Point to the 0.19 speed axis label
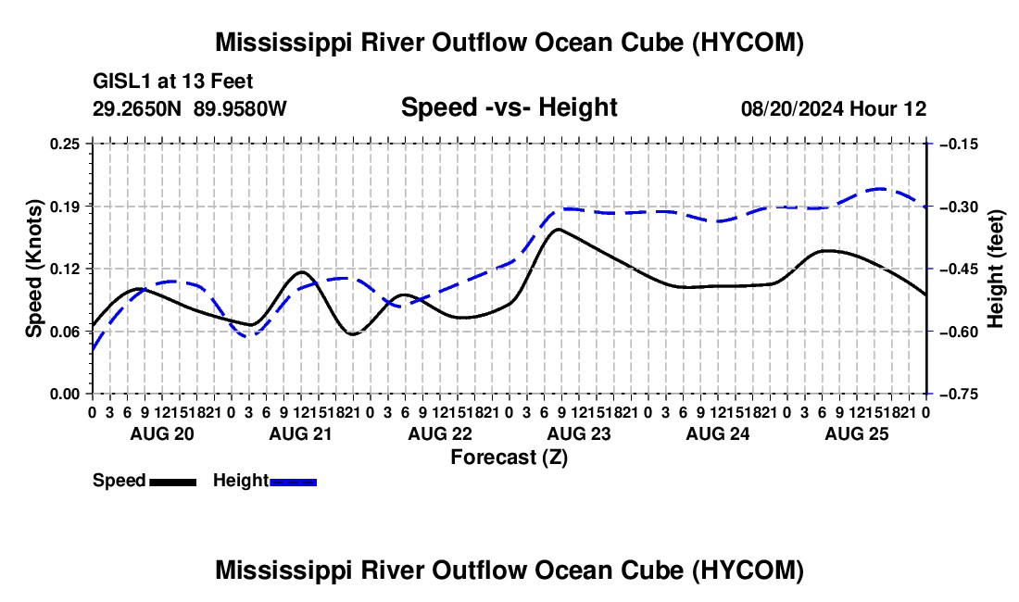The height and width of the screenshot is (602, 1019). (x=65, y=207)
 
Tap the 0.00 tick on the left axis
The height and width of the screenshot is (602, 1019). (x=65, y=394)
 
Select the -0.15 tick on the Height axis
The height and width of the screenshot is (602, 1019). (x=958, y=144)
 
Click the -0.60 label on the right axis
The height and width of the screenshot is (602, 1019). (x=958, y=332)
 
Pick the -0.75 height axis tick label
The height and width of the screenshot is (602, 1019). (x=958, y=394)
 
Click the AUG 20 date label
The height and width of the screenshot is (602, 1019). (x=162, y=433)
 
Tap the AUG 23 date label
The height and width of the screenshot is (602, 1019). (x=579, y=433)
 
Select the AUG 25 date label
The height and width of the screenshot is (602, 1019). (x=857, y=433)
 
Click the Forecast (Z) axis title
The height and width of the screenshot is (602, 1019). (x=509, y=458)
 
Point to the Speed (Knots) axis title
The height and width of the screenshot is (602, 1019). (x=33, y=269)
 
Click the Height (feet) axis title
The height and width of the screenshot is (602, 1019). (x=996, y=269)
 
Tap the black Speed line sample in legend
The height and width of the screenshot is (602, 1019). (x=173, y=482)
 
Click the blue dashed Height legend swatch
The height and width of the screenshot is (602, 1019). (x=293, y=482)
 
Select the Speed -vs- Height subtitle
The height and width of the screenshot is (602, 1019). (x=509, y=107)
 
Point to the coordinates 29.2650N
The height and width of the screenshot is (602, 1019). (x=137, y=108)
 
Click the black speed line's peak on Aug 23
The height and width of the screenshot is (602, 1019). (x=559, y=229)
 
